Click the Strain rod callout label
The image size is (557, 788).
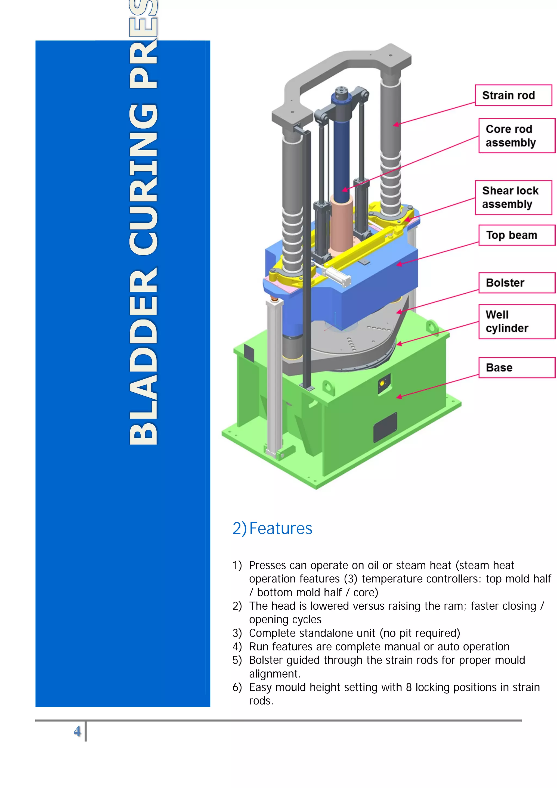513,95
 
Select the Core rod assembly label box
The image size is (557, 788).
516,136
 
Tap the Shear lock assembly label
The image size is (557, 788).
513,197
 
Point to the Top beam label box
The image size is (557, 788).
516,235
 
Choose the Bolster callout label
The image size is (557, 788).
516,283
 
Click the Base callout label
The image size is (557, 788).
516,368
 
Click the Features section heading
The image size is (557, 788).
273,528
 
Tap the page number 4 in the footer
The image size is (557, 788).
77,731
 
